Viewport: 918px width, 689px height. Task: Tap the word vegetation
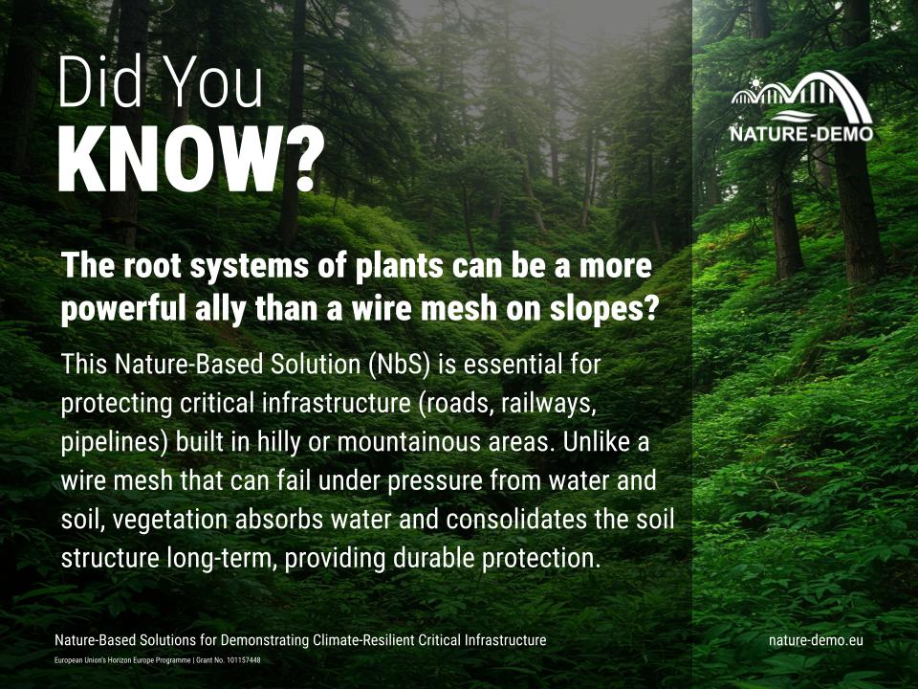(x=181, y=520)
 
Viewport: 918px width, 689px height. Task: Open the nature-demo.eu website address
(x=816, y=640)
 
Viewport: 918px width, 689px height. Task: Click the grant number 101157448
(x=245, y=661)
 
